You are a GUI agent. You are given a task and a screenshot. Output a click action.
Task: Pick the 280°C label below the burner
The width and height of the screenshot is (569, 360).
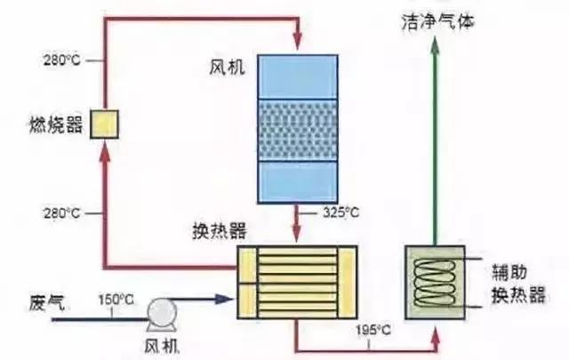tap(63, 213)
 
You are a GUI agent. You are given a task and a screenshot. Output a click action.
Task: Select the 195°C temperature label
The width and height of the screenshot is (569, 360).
tap(371, 330)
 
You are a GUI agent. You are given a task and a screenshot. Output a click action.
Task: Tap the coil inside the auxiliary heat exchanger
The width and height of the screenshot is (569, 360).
tap(436, 282)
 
